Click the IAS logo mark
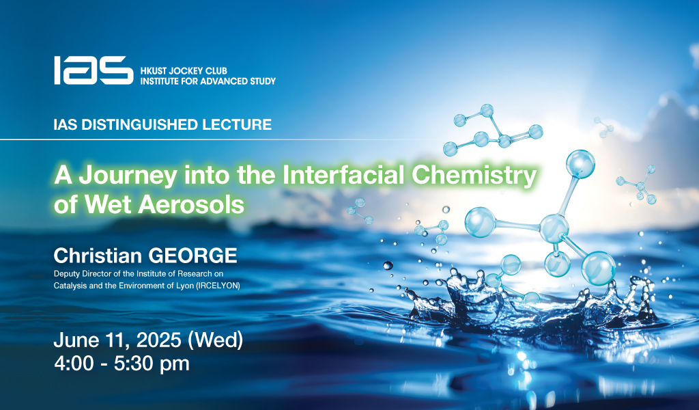coord(94,70)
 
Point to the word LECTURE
coord(237,124)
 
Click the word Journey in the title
coord(128,176)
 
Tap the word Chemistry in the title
coord(474,176)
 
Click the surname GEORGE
coord(192,256)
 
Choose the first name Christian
coord(98,256)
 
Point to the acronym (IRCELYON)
coord(218,286)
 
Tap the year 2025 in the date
coord(158,340)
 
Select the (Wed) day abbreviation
coord(215,340)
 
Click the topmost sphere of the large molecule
coord(580,163)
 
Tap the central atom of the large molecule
coord(554,229)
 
